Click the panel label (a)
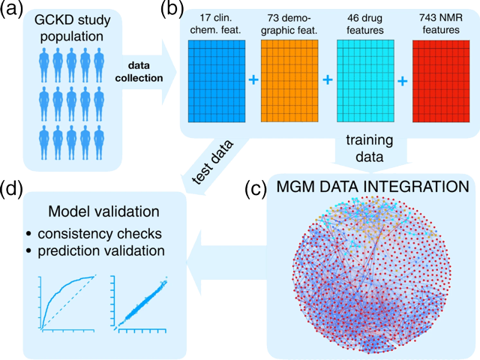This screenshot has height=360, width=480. tap(12, 10)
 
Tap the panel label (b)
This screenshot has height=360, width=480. tap(173, 10)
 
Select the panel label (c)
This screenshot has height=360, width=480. tap(256, 188)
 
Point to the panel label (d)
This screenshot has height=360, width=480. tap(12, 188)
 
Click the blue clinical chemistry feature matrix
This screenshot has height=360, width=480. tap(217, 81)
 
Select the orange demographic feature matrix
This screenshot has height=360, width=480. tap(289, 81)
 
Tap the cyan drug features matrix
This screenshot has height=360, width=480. tap(365, 81)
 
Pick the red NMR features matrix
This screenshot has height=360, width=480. tap(441, 81)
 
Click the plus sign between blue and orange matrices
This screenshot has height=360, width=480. tap(253, 80)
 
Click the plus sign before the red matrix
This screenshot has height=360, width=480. tap(403, 81)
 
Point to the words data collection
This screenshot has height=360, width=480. tap(139, 72)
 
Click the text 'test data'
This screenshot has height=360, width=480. tap(213, 163)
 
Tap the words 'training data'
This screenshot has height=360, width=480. tap(370, 148)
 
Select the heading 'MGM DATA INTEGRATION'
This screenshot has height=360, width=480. tap(373, 187)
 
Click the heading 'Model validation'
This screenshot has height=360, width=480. tap(103, 211)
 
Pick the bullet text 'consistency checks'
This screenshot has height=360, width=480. tap(100, 234)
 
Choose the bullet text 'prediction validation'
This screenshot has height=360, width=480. tap(101, 251)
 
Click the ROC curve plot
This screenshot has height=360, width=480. tap(67, 303)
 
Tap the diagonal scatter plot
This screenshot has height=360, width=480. tap(140, 304)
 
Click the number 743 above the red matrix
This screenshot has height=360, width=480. tap(427, 18)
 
